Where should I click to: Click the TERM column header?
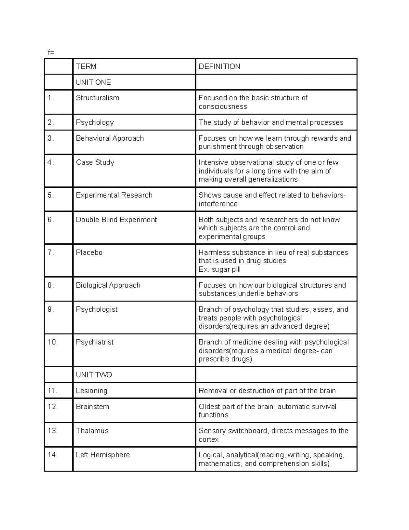pyautogui.click(x=86, y=67)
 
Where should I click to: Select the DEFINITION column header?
pyautogui.click(x=219, y=67)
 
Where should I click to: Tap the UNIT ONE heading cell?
pyautogui.click(x=93, y=82)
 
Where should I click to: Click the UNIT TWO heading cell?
pyautogui.click(x=94, y=375)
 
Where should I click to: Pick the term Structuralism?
pyautogui.click(x=97, y=98)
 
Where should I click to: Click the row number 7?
pyautogui.click(x=51, y=253)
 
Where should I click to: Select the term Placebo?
pyautogui.click(x=89, y=253)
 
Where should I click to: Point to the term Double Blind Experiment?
pyautogui.click(x=116, y=220)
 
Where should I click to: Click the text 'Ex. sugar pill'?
pyautogui.click(x=219, y=269)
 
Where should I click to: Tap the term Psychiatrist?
pyautogui.click(x=95, y=342)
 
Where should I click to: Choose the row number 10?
pyautogui.click(x=52, y=342)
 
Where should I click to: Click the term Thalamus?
pyautogui.click(x=92, y=431)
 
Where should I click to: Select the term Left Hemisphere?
pyautogui.click(x=103, y=455)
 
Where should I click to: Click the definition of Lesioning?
pyautogui.click(x=267, y=391)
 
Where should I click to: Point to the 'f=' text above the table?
pyautogui.click(x=51, y=52)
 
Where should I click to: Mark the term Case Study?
pyautogui.click(x=95, y=162)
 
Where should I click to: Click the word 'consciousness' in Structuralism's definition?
pyautogui.click(x=223, y=106)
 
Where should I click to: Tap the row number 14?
pyautogui.click(x=52, y=455)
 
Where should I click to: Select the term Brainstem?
pyautogui.click(x=92, y=407)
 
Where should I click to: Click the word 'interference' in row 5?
pyautogui.click(x=218, y=204)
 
